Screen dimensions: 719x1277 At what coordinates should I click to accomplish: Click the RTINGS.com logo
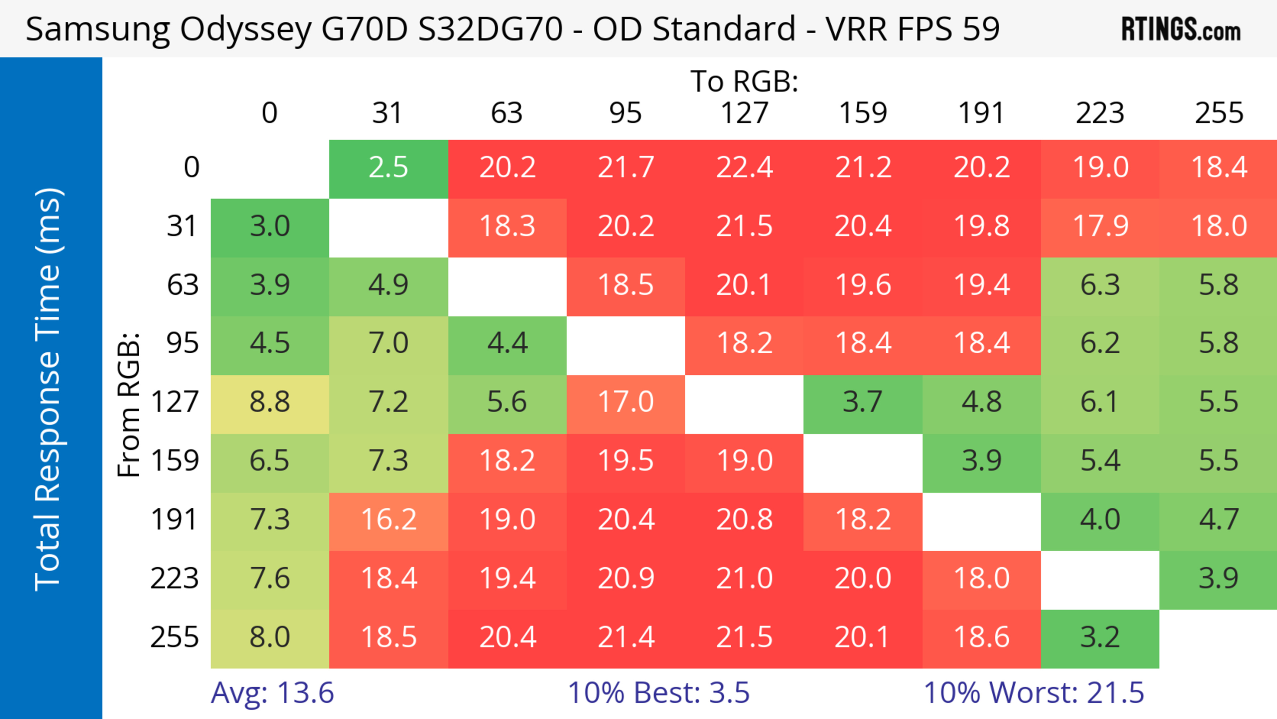click(1181, 29)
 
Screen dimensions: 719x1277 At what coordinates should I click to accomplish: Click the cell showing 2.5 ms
click(388, 168)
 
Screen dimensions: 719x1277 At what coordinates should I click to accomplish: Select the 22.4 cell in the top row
click(744, 168)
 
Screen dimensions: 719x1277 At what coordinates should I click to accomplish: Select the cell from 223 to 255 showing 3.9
click(1218, 579)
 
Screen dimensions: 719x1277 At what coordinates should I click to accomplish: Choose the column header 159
click(863, 113)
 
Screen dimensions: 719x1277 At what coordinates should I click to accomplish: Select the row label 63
click(183, 285)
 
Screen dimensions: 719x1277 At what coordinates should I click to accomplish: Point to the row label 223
click(175, 579)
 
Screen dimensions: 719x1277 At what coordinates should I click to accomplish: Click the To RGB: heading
click(744, 82)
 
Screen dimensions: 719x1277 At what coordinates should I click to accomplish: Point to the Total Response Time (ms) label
click(49, 389)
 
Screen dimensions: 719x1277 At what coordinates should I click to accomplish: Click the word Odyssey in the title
click(246, 30)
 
